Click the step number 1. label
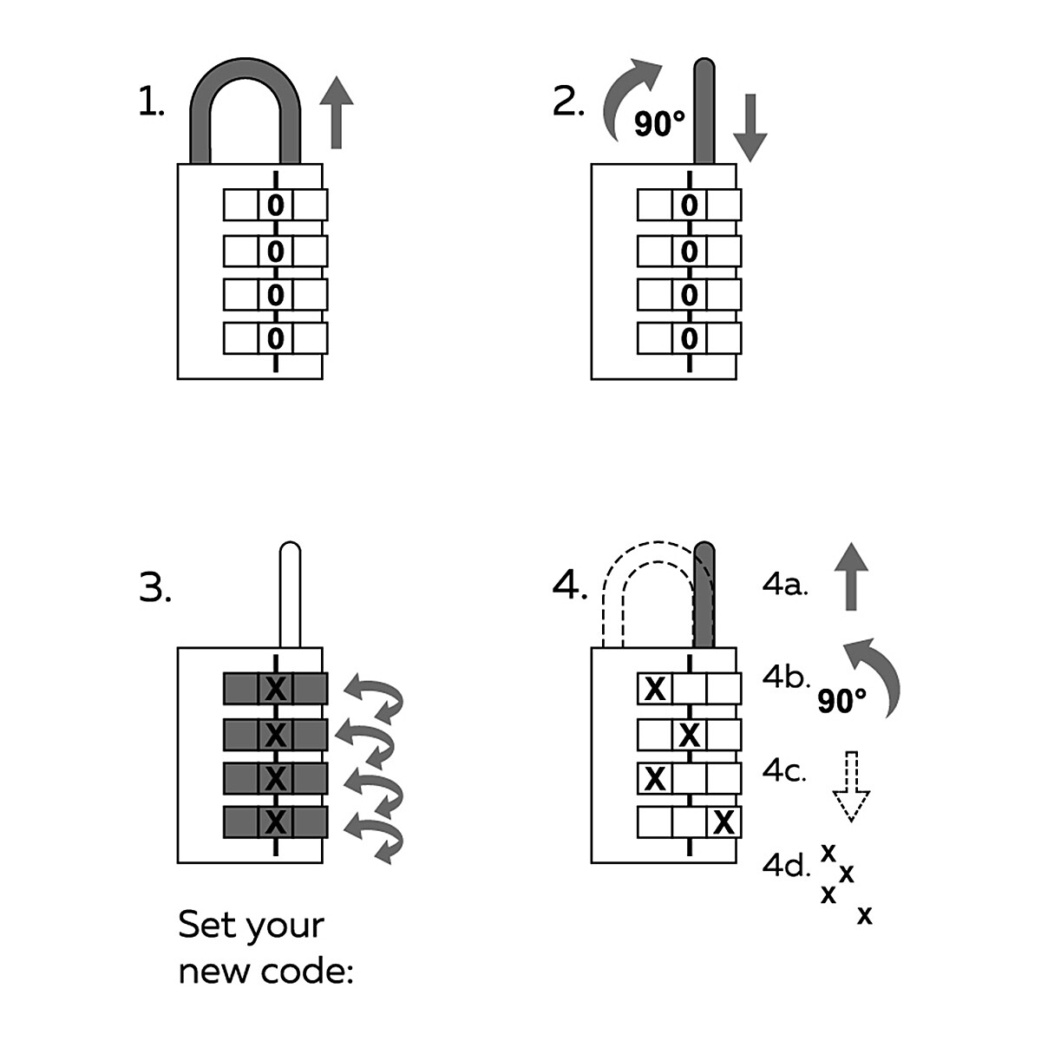[x=151, y=103]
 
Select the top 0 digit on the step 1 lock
[x=275, y=206]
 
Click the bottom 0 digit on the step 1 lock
[x=275, y=337]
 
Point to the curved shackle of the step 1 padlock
[x=246, y=87]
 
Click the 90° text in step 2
[x=659, y=124]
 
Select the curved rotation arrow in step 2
[x=629, y=95]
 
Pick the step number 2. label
[x=568, y=103]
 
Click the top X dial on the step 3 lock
[x=275, y=689]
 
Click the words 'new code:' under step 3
[x=265, y=972]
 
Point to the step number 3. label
[x=154, y=589]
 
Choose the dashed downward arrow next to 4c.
[x=851, y=785]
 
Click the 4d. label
[x=785, y=865]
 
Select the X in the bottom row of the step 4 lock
[x=723, y=822]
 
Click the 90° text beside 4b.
[x=841, y=700]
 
